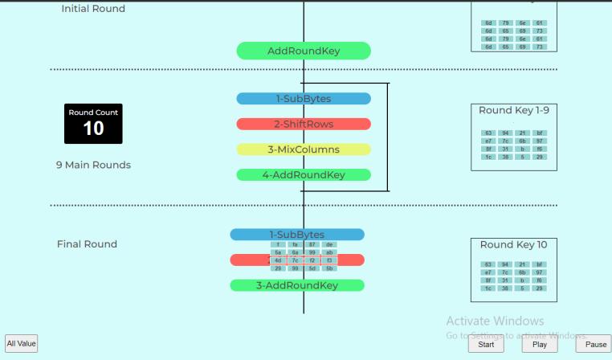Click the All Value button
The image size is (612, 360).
pos(22,344)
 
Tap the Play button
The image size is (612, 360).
pos(539,344)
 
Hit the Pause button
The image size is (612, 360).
pos(594,344)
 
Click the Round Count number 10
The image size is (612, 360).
pos(93,128)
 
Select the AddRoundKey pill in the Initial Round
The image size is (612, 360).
pos(304,51)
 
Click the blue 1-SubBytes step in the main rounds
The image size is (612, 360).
pos(304,99)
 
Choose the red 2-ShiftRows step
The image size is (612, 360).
pos(304,125)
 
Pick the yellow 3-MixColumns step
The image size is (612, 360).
pos(304,149)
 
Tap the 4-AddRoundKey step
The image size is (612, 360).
pos(304,175)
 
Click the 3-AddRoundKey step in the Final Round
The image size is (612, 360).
pos(297,285)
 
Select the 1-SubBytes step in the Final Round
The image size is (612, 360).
pos(297,235)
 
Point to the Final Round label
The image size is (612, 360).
pos(87,244)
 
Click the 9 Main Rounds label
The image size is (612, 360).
pos(93,166)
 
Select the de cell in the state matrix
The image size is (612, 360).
pos(330,244)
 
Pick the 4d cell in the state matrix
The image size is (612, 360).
pos(278,260)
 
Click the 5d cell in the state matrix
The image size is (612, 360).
pos(312,268)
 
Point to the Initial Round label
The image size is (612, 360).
pos(93,9)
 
